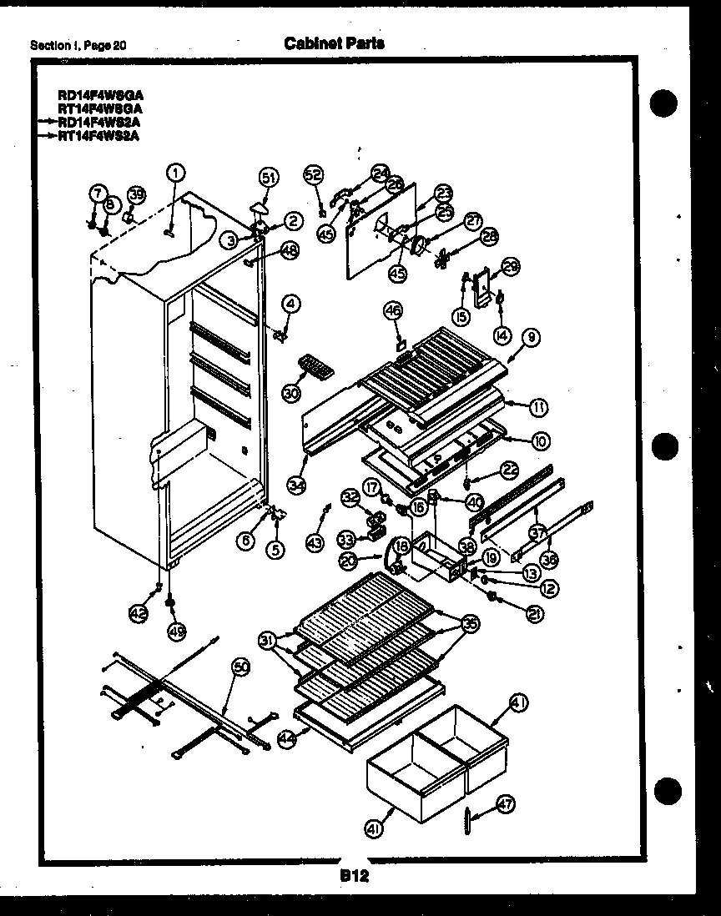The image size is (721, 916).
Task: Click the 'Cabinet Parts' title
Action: click(335, 43)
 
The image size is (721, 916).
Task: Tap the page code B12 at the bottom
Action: click(354, 876)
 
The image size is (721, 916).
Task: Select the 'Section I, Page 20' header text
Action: click(78, 45)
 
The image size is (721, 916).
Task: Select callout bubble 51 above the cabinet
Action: click(267, 177)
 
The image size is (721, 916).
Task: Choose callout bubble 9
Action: click(532, 338)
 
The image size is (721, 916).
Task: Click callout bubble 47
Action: click(506, 803)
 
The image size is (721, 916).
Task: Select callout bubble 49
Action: click(174, 631)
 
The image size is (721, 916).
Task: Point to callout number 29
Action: click(511, 266)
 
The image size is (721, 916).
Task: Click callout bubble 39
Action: click(135, 195)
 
